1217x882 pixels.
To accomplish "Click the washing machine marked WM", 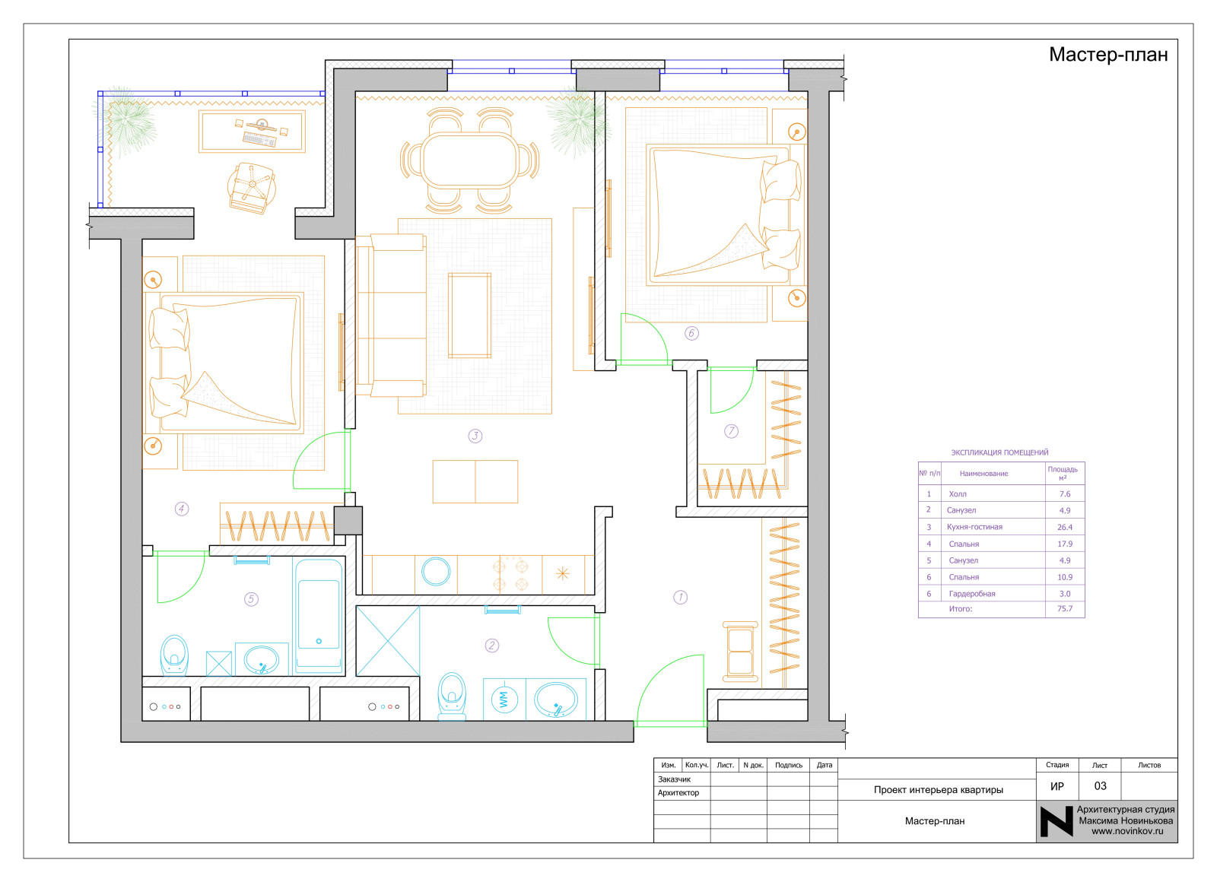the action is (x=504, y=699).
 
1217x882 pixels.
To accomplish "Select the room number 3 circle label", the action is (x=475, y=436).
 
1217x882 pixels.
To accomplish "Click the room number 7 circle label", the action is (x=731, y=431).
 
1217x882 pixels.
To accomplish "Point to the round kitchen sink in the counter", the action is (x=436, y=571).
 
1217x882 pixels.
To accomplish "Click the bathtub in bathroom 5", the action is (x=319, y=616).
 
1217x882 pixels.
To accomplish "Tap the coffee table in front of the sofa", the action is (x=470, y=315).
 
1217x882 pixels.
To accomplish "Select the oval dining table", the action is (x=469, y=160).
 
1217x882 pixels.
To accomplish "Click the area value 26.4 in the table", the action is (x=1064, y=528).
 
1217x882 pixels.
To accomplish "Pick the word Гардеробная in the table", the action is (x=972, y=594).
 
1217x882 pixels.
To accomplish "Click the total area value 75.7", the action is (x=1065, y=609).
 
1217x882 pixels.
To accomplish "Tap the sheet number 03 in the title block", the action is (x=1100, y=786).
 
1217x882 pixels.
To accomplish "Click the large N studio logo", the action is (x=1057, y=821).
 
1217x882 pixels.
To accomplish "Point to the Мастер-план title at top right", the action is (x=1108, y=55).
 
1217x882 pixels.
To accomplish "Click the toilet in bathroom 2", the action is (x=452, y=696).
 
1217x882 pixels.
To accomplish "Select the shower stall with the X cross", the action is (x=388, y=642).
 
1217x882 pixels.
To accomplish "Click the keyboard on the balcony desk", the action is (x=259, y=140).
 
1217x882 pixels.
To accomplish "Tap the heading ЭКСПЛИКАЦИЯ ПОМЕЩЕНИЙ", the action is (x=999, y=452).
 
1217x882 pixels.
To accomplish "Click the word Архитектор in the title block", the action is (x=678, y=793).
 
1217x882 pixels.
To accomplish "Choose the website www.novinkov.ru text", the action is (x=1127, y=832).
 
